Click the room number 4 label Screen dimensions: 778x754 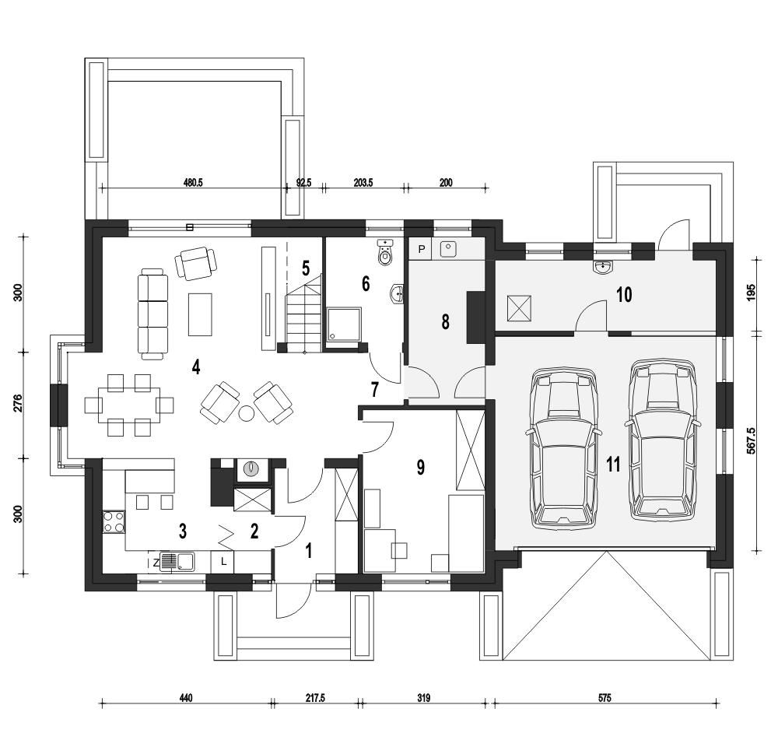(x=196, y=367)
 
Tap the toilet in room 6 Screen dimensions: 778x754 (x=386, y=251)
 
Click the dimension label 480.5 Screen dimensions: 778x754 (x=193, y=183)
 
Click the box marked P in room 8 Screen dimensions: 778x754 (x=421, y=249)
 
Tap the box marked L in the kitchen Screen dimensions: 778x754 (x=224, y=562)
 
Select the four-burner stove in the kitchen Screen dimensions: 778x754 (x=114, y=522)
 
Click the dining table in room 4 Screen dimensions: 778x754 (x=129, y=405)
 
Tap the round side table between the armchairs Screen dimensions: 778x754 (x=247, y=412)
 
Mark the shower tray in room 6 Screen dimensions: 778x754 (x=344, y=324)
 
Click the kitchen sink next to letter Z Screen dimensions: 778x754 (x=177, y=561)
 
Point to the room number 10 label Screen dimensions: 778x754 (x=624, y=295)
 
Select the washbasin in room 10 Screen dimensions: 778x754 (x=603, y=267)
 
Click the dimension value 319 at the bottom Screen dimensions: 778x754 (x=423, y=698)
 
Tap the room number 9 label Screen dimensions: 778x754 (x=421, y=467)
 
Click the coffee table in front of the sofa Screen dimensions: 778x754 (x=201, y=314)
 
